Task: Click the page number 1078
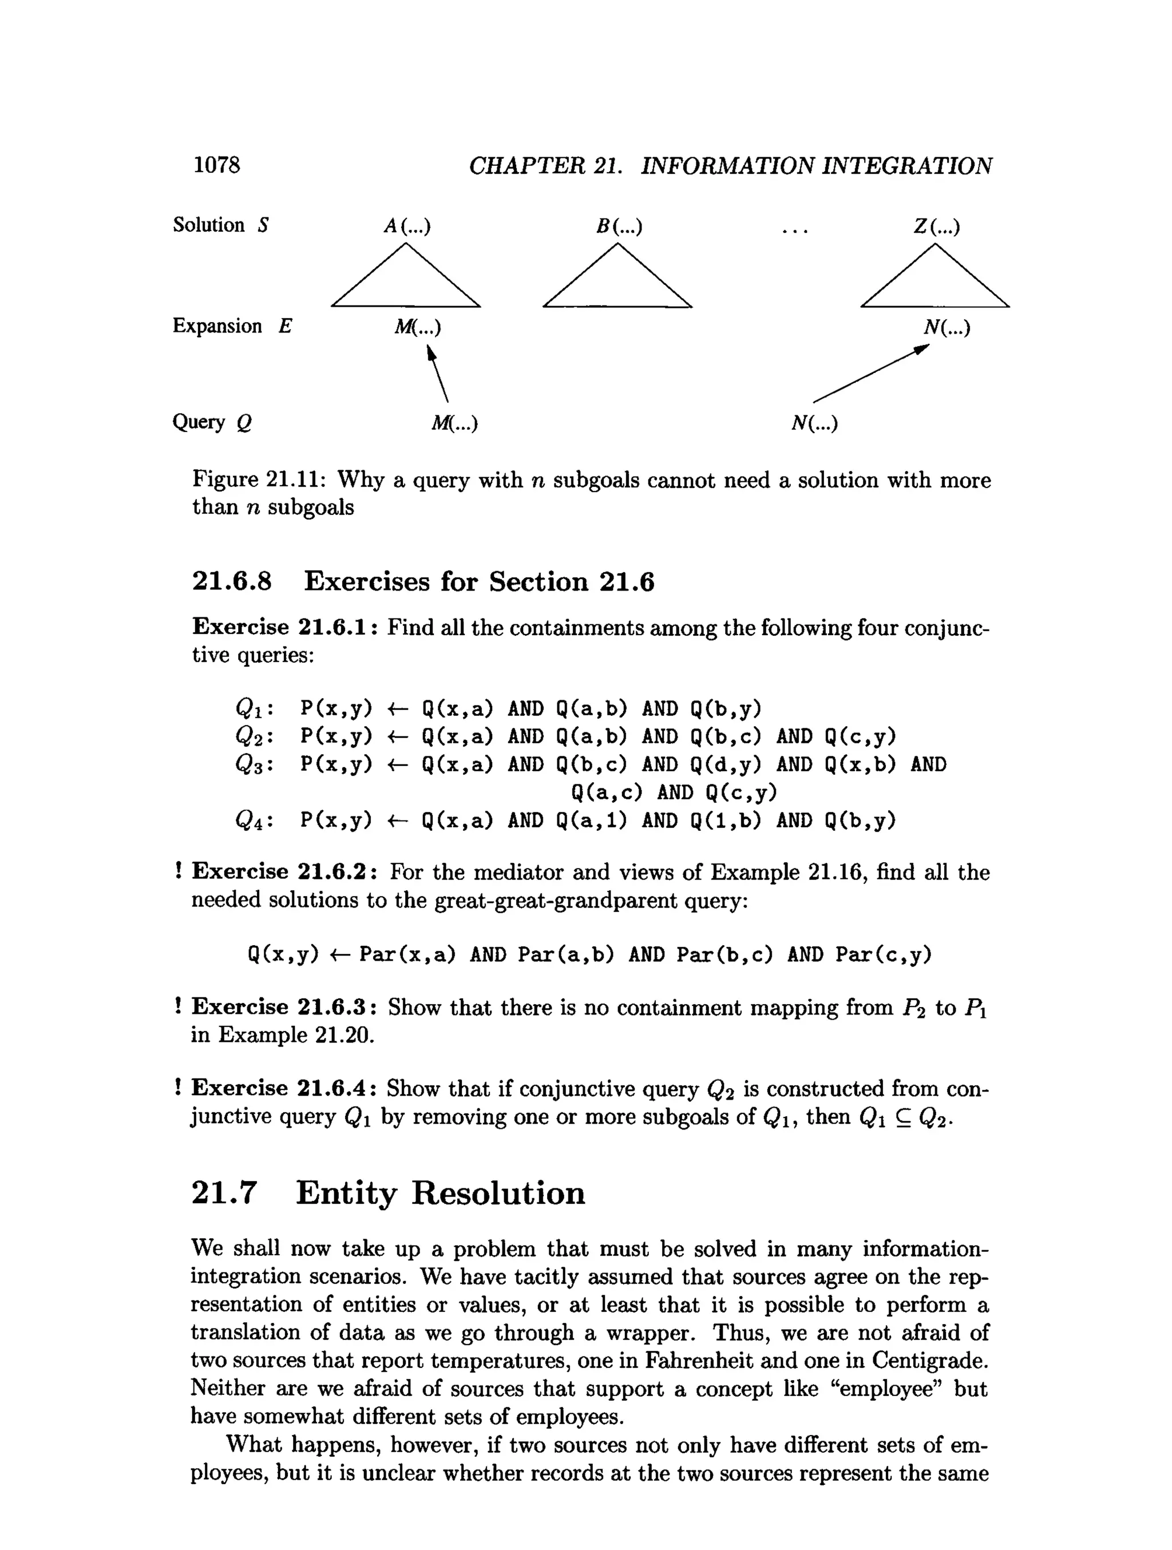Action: click(216, 165)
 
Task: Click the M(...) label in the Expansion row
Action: click(418, 327)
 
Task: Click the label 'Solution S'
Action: click(221, 225)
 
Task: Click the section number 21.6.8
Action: click(232, 581)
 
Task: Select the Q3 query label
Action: click(253, 765)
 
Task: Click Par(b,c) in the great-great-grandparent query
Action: click(724, 954)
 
